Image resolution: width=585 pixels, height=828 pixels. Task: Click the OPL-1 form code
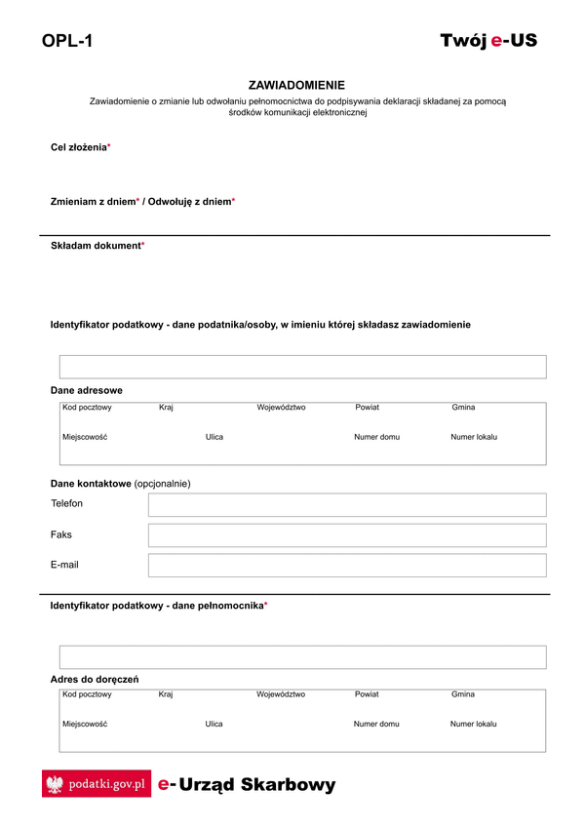[67, 41]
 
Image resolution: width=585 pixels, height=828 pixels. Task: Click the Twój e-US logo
[488, 41]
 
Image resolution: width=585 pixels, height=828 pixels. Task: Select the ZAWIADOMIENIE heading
[296, 86]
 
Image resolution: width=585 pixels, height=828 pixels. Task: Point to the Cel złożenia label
[80, 146]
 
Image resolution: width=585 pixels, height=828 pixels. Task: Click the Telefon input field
[347, 504]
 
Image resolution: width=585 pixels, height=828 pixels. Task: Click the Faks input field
[347, 535]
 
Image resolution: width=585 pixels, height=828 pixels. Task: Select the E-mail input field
[347, 566]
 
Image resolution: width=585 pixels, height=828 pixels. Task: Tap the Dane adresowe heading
[87, 390]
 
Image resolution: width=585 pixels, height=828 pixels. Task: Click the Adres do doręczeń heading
[95, 679]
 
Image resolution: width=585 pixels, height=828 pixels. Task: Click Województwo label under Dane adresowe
[281, 408]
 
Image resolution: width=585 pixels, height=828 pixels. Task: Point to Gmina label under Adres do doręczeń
[463, 694]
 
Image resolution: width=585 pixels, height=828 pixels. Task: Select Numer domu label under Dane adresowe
[376, 437]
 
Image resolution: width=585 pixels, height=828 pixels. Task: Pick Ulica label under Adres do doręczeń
[214, 725]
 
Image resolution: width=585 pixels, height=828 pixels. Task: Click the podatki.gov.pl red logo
[97, 783]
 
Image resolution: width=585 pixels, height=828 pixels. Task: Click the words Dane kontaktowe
[91, 483]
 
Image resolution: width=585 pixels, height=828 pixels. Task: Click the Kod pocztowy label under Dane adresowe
[87, 408]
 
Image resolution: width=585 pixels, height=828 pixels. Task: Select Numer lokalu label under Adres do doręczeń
[473, 725]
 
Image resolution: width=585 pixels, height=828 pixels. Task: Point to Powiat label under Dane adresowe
[367, 408]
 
